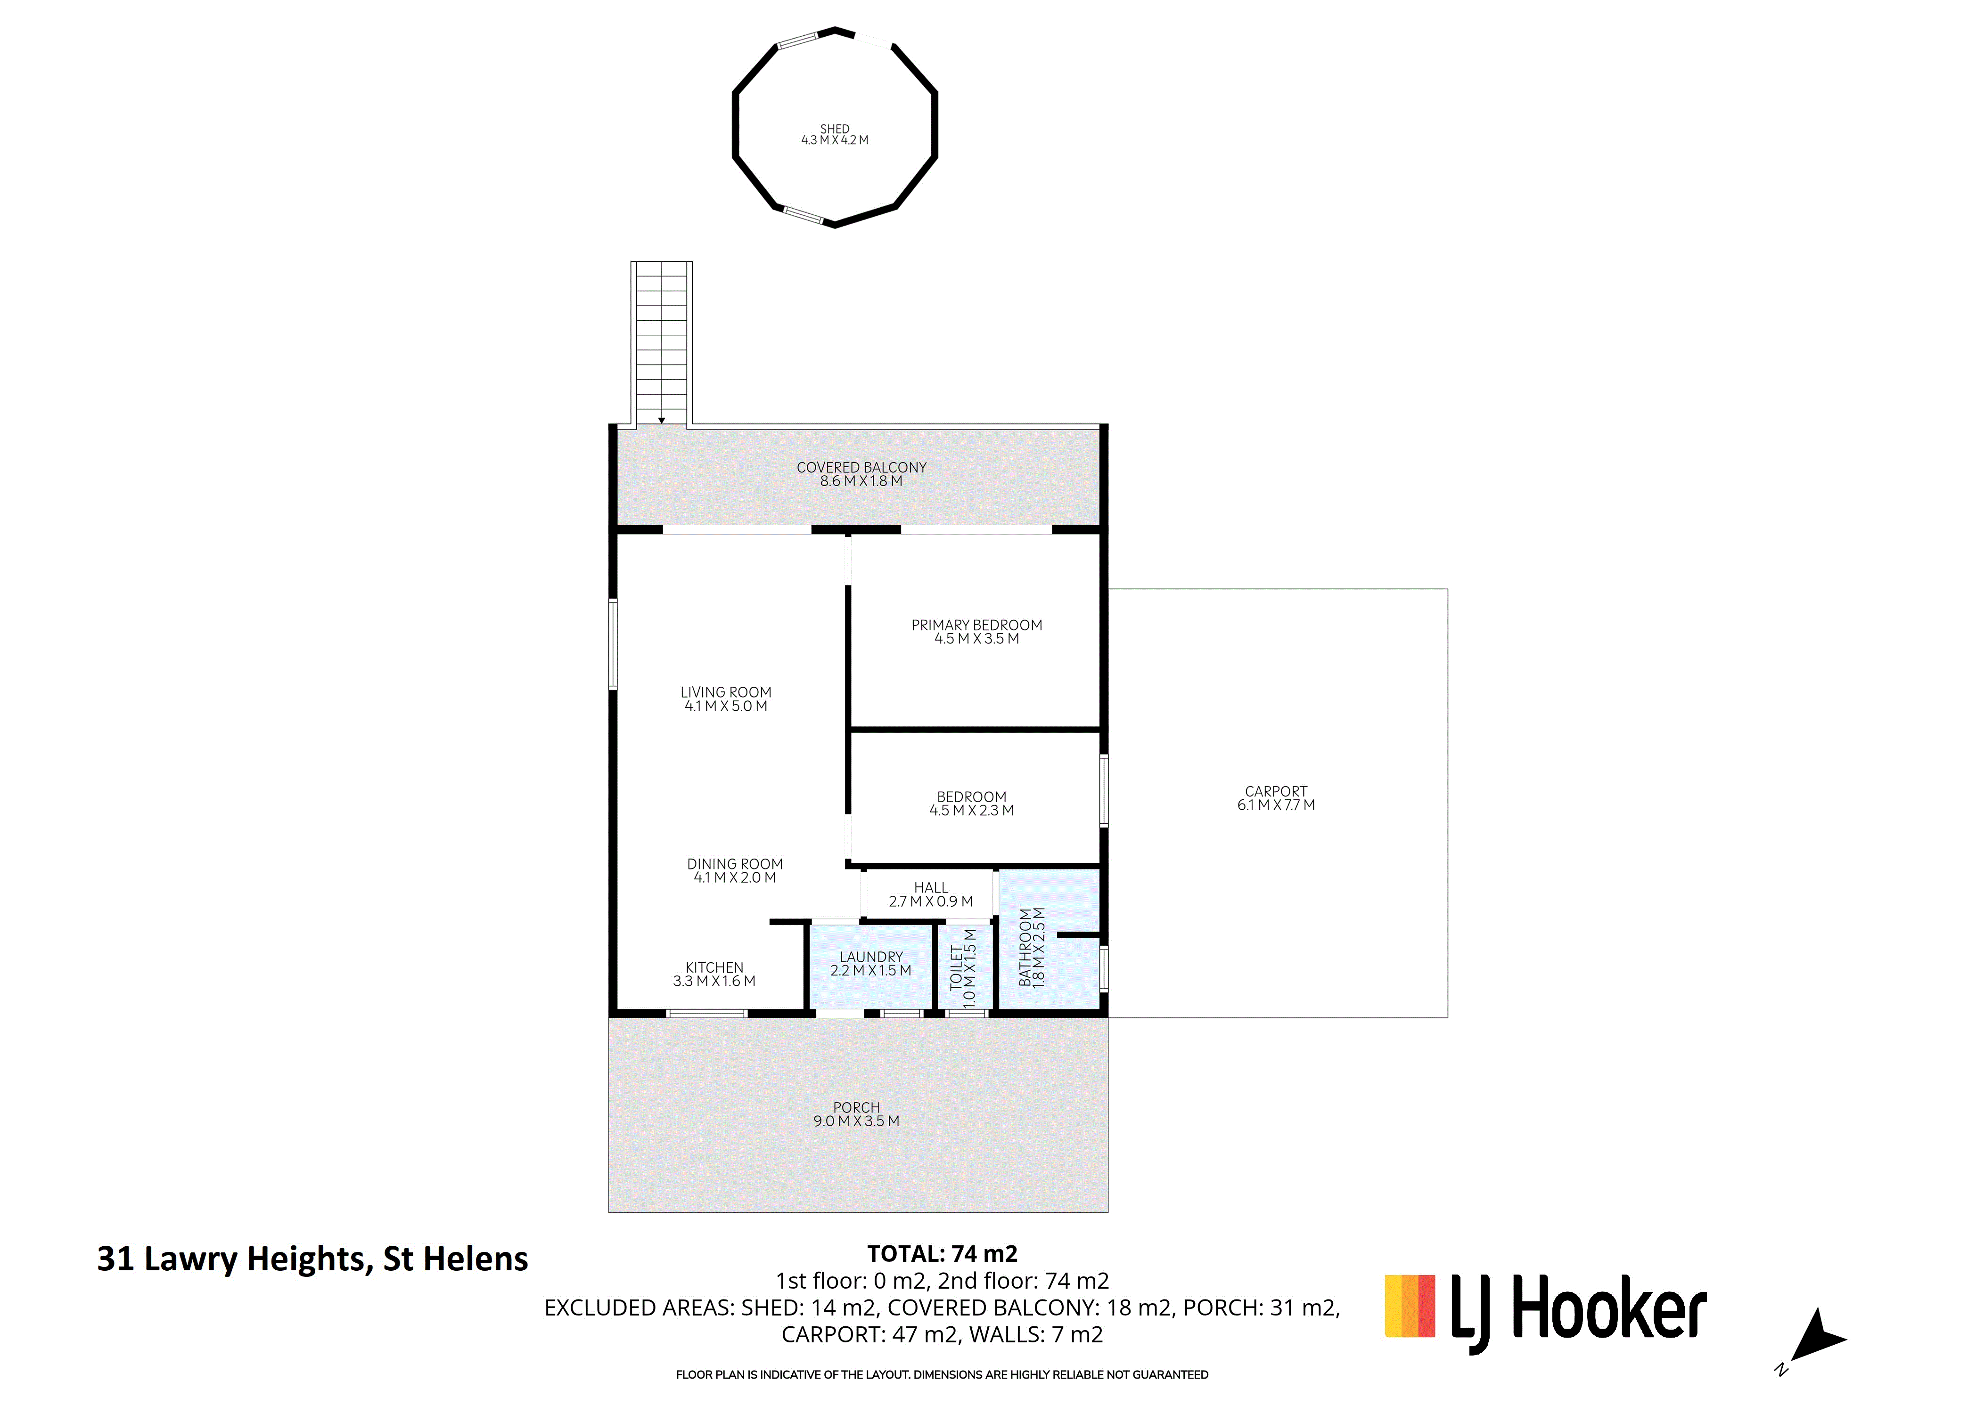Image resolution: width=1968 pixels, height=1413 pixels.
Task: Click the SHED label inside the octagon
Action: (835, 129)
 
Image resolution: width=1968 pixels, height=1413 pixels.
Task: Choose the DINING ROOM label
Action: (735, 864)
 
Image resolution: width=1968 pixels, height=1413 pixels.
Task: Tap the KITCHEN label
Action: (714, 967)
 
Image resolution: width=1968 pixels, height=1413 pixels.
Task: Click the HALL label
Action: (931, 887)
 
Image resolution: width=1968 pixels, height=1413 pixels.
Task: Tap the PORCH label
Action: (856, 1108)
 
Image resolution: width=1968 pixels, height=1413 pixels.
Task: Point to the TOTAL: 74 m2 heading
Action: (943, 1253)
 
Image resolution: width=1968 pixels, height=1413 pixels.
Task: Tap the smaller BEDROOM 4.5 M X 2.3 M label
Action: (972, 803)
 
